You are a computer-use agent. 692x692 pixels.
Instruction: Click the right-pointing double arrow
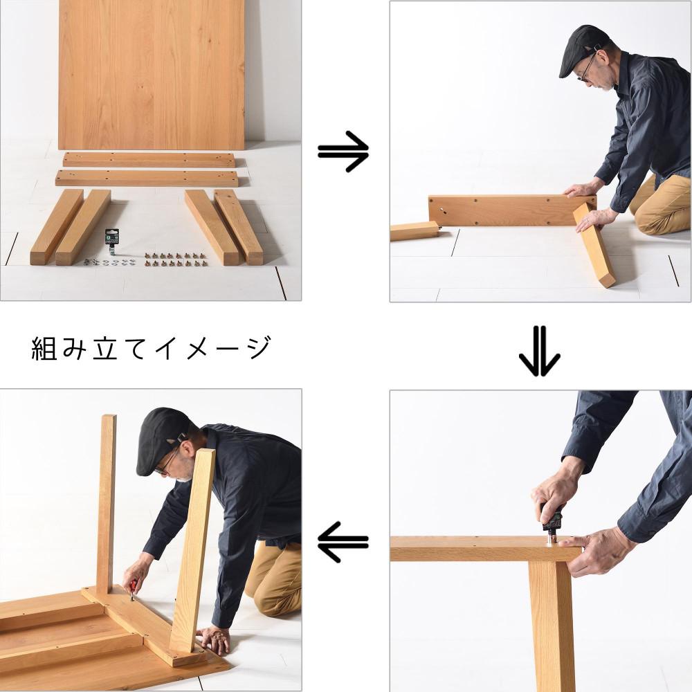point(343,152)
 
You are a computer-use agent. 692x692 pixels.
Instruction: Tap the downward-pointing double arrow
point(539,352)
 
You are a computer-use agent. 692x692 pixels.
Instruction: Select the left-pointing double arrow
point(343,542)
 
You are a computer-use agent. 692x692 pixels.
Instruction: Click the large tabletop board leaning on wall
point(152,74)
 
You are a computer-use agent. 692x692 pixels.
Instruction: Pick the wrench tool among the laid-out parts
point(111,242)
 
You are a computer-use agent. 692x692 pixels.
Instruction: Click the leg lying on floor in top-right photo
point(415,232)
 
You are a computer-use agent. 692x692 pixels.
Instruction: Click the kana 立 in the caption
point(105,349)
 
